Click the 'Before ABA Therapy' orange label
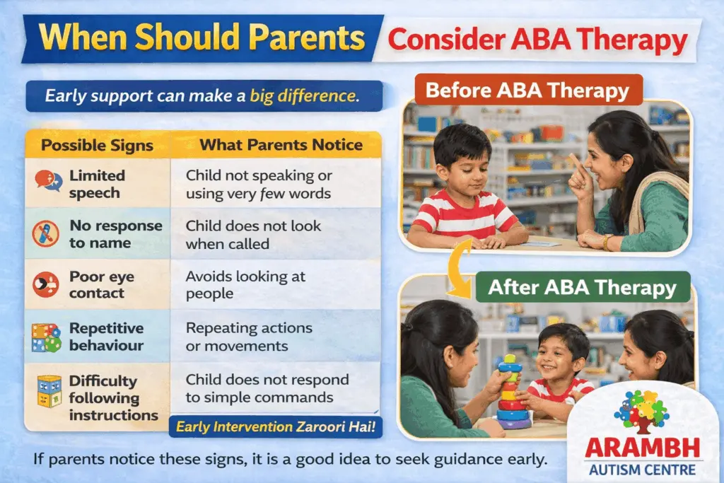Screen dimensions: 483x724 (527, 91)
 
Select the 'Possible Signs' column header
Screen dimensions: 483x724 (98, 145)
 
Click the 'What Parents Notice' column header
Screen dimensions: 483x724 (281, 145)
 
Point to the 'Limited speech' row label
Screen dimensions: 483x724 (97, 184)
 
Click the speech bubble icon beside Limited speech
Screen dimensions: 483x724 (47, 182)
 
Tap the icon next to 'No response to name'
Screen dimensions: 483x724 (47, 234)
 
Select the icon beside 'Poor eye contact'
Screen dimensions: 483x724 (47, 284)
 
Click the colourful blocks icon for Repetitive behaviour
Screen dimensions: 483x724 (47, 337)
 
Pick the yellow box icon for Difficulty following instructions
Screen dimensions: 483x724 (47, 392)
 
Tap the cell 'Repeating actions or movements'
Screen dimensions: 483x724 (248, 337)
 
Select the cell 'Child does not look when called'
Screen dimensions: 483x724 (253, 234)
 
